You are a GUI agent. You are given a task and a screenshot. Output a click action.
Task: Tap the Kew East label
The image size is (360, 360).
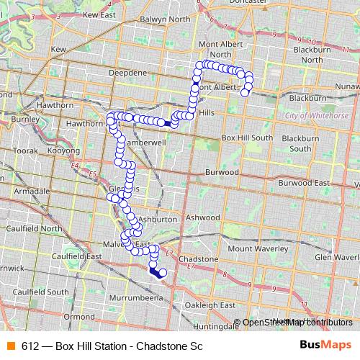pos(99,14)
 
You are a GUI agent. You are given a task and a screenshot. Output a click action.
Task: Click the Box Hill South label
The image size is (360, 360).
pos(247,138)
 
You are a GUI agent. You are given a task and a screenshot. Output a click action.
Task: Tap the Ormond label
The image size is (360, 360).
pos(78,316)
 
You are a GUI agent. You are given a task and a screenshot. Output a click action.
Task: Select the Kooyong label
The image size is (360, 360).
pos(63,152)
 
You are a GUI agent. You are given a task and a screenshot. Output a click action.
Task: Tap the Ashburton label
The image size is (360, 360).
pos(158,219)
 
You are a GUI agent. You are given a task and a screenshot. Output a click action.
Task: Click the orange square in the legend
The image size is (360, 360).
pos(9,346)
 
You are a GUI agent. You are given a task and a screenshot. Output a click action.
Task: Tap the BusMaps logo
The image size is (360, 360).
pos(325,346)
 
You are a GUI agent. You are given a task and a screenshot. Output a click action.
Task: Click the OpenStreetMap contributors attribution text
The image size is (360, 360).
pos(297,323)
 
